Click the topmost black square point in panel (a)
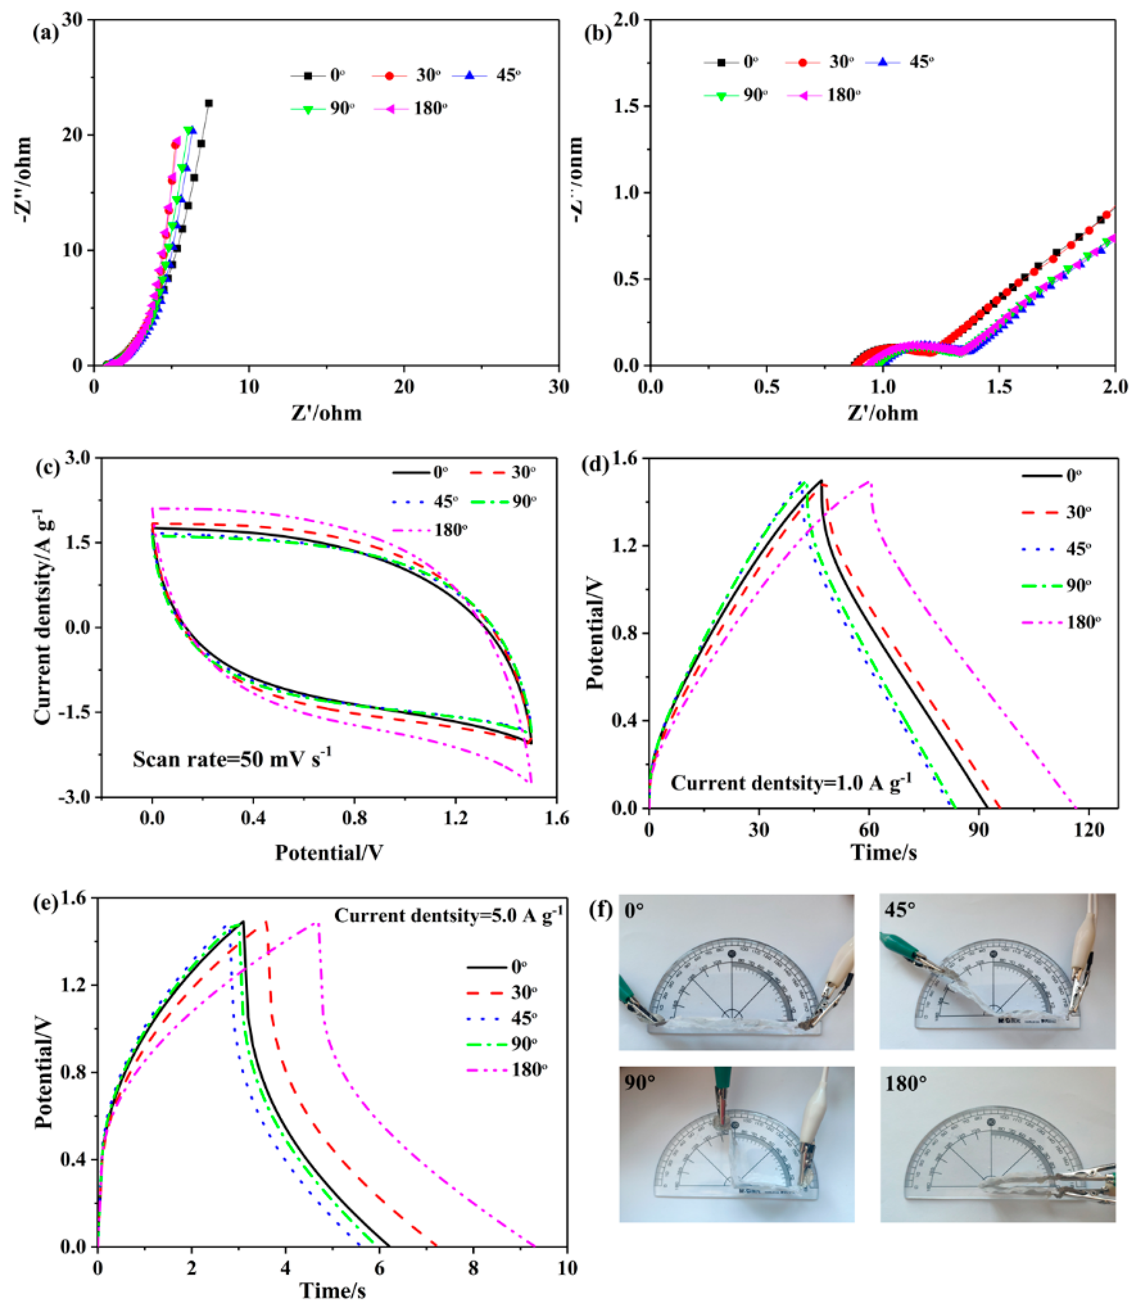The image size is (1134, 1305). tap(209, 103)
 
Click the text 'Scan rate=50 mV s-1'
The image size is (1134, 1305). tap(233, 758)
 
